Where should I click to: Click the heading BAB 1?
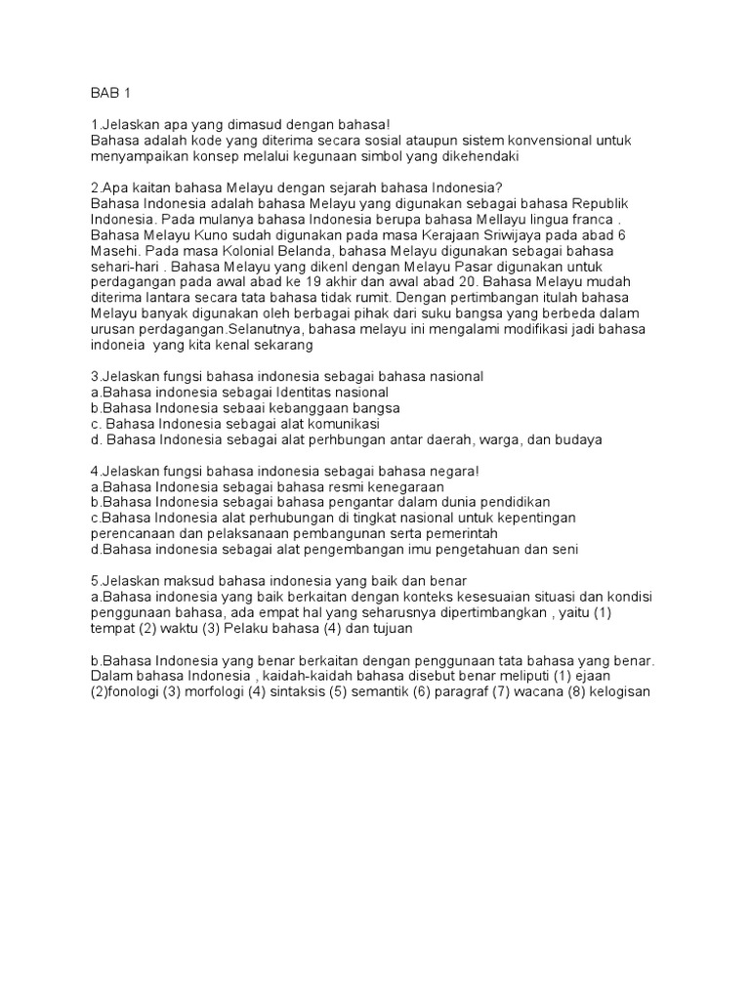click(x=109, y=95)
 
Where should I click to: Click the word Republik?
click(x=598, y=202)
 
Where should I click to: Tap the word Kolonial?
click(x=231, y=251)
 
